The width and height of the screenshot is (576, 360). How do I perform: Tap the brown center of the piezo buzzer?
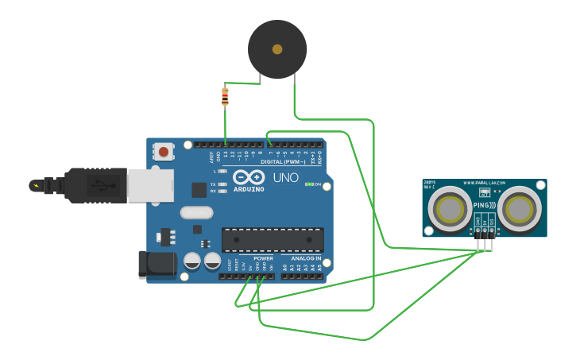[x=277, y=49]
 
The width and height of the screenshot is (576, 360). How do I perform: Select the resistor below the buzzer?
[x=225, y=97]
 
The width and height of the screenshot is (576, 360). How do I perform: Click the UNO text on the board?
[x=286, y=177]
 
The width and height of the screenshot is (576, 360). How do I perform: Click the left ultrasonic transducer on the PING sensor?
[x=449, y=209]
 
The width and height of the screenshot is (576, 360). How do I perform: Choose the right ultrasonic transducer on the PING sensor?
[x=520, y=209]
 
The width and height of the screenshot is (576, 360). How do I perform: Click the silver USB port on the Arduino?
[x=149, y=185]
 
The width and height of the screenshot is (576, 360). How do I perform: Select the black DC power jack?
[x=157, y=265]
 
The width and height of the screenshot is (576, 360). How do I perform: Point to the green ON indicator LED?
[x=308, y=184]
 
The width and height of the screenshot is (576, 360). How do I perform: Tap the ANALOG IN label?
[x=306, y=258]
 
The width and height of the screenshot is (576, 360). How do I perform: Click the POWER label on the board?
[x=263, y=258]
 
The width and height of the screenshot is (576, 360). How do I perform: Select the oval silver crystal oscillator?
[x=197, y=212]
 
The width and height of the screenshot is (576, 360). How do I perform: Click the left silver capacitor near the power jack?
[x=192, y=260]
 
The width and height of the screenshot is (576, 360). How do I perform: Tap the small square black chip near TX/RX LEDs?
[x=199, y=189]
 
